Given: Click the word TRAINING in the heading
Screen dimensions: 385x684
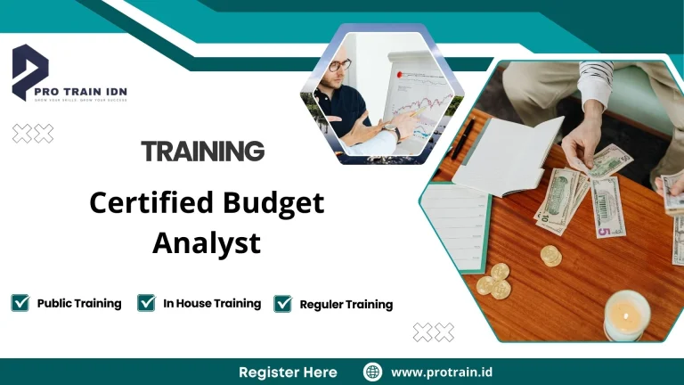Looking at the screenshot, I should (x=203, y=152).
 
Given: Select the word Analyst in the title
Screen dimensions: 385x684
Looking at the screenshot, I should (x=207, y=242).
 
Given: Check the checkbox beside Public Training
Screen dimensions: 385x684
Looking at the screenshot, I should (x=20, y=303).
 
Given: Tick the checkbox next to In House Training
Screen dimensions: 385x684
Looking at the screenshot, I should (x=147, y=303).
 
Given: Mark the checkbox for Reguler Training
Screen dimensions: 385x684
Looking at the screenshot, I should (x=283, y=304).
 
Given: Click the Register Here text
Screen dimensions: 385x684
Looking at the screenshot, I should (x=288, y=372).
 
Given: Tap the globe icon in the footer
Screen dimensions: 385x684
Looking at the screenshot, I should (x=372, y=372).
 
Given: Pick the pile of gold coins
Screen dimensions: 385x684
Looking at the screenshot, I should (x=493, y=279).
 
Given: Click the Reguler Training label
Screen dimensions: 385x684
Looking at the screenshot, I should (x=346, y=305).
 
